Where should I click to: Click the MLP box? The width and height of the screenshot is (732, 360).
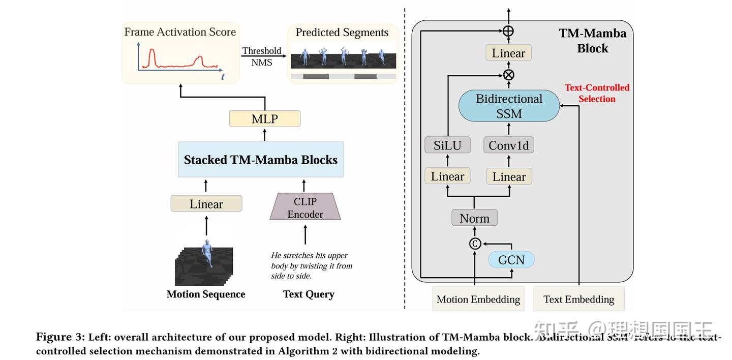pyautogui.click(x=264, y=119)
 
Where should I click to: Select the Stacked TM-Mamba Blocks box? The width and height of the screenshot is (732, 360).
pyautogui.click(x=260, y=160)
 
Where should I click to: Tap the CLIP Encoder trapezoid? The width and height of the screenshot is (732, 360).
pyautogui.click(x=305, y=207)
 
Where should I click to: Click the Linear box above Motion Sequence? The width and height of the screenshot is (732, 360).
pyautogui.click(x=206, y=204)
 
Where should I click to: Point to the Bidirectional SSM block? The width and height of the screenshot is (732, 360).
pyautogui.click(x=509, y=106)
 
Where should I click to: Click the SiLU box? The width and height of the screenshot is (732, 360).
pyautogui.click(x=447, y=145)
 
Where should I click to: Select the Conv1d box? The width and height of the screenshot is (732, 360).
pyautogui.click(x=508, y=145)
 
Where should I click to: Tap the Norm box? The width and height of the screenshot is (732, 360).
pyautogui.click(x=474, y=218)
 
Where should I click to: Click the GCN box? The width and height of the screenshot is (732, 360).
pyautogui.click(x=511, y=260)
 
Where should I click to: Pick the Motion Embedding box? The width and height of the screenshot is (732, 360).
pyautogui.click(x=478, y=299)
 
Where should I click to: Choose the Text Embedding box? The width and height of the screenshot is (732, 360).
pyautogui.click(x=578, y=299)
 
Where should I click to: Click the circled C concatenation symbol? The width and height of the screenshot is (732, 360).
pyautogui.click(x=474, y=244)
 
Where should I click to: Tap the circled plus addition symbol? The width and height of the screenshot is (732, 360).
pyautogui.click(x=508, y=31)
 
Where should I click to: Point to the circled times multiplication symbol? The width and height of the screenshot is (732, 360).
pyautogui.click(x=508, y=75)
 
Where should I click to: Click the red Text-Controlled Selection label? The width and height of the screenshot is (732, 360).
pyautogui.click(x=597, y=93)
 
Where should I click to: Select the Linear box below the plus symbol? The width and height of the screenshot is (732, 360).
pyautogui.click(x=508, y=53)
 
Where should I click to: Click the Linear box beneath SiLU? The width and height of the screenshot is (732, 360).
pyautogui.click(x=447, y=176)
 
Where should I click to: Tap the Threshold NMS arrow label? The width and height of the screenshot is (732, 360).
pyautogui.click(x=261, y=56)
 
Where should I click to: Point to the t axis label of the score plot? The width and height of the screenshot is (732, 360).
pyautogui.click(x=223, y=77)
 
